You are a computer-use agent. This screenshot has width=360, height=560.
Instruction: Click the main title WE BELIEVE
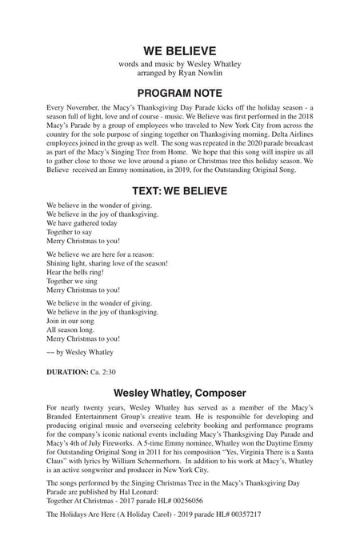click(x=179, y=50)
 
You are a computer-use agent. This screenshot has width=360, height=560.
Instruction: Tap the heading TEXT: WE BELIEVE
click(x=179, y=191)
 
